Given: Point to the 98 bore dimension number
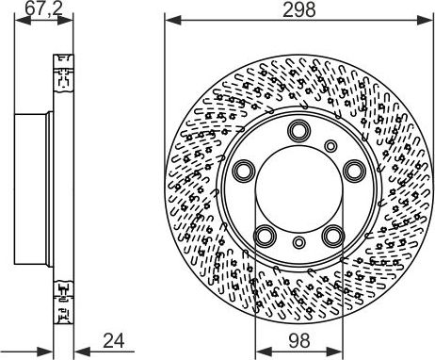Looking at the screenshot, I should (x=298, y=340).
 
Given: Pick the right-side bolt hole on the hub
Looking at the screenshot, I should (x=354, y=171).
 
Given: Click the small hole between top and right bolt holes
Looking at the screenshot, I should (x=331, y=145).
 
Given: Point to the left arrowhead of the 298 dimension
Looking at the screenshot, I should (x=169, y=21).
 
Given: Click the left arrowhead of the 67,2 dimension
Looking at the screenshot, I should (x=20, y=21).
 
